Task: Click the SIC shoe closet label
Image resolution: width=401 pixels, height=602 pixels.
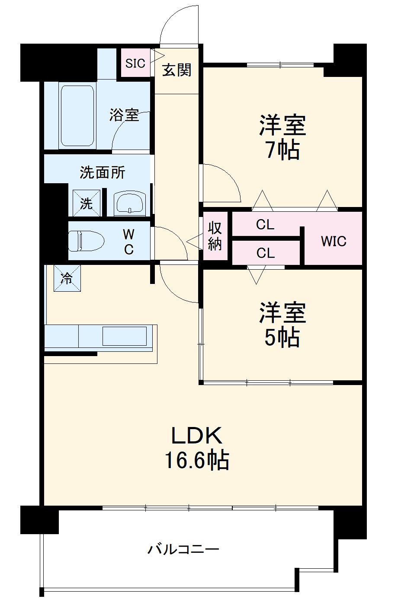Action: [135, 64]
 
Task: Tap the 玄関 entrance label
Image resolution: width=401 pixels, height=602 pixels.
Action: [177, 70]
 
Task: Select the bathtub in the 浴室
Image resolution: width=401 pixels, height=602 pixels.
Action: [77, 116]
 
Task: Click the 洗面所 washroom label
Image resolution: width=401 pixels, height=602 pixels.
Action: [103, 172]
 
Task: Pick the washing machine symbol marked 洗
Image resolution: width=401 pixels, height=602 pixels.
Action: [87, 203]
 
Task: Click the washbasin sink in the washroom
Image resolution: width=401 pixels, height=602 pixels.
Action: [130, 203]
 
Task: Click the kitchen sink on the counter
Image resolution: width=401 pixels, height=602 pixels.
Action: [124, 336]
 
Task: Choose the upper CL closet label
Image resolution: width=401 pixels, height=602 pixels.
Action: [265, 225]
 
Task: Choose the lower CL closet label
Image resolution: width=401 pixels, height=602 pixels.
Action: [265, 253]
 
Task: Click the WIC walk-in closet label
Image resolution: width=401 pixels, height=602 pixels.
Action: [334, 241]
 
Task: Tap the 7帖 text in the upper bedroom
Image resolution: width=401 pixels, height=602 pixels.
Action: [282, 150]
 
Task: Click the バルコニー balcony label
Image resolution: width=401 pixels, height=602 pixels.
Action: [184, 550]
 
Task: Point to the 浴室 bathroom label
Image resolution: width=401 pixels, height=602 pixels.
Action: [124, 115]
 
